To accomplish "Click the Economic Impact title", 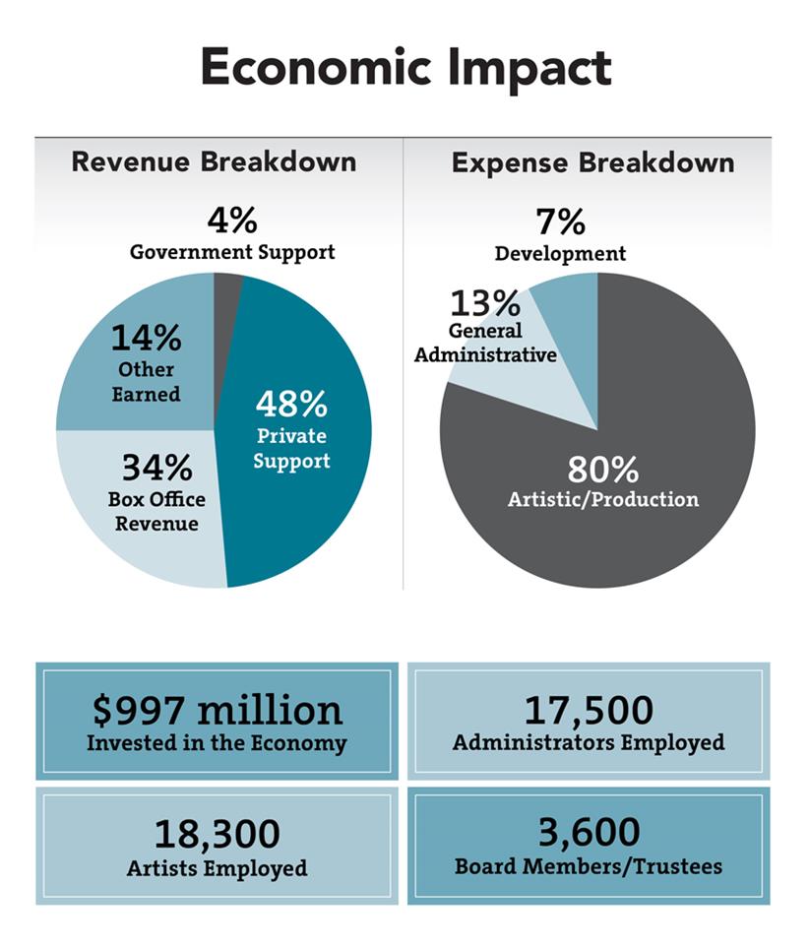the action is click(406, 69).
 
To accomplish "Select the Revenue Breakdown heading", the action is click(215, 162).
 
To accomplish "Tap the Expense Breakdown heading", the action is click(593, 162).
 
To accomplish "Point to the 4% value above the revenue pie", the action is click(232, 221).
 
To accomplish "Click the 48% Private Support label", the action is click(291, 431).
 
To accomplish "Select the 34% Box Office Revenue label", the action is click(156, 493).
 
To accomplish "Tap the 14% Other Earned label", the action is click(146, 363).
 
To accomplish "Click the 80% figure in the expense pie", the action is click(602, 469).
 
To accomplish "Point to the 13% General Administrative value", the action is click(484, 302).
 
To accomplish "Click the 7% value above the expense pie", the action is click(560, 221).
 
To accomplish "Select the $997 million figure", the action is click(218, 710).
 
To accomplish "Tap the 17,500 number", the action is click(589, 711).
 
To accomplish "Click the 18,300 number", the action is click(218, 834).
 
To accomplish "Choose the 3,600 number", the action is click(589, 832).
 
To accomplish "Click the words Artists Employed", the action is click(218, 869).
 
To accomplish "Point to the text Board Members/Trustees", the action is click(589, 866).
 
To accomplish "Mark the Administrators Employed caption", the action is click(589, 743).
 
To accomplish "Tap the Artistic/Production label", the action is click(603, 499).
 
